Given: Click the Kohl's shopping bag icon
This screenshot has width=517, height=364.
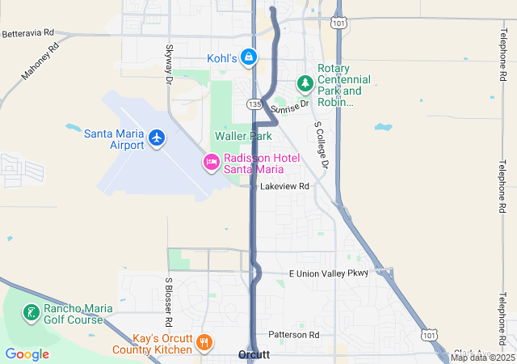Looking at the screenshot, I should (x=250, y=58).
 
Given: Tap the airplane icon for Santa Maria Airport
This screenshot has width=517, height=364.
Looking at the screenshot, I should (x=157, y=138).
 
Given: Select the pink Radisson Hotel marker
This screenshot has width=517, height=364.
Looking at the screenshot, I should (x=212, y=163).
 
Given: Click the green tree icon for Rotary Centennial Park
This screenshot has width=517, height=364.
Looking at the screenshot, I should (x=305, y=83).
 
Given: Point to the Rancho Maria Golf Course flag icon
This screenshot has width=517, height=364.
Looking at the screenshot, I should (x=31, y=313).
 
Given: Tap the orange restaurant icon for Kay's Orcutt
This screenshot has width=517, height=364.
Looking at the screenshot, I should (x=204, y=343).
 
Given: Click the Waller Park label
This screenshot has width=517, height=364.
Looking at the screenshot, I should (x=243, y=137).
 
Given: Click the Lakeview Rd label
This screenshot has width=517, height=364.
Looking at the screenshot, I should (x=285, y=186).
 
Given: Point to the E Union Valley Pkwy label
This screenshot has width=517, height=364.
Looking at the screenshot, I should (x=328, y=273).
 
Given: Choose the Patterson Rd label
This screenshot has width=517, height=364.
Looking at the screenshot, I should (x=294, y=335).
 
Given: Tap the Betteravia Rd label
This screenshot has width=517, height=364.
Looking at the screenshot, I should (x=27, y=34).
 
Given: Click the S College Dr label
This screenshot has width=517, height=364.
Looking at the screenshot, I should (x=322, y=146).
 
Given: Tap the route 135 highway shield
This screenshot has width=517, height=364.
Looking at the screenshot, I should (x=254, y=104).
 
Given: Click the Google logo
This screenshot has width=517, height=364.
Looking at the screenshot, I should (x=27, y=353).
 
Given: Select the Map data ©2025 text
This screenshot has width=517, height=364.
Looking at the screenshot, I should (x=482, y=358).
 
